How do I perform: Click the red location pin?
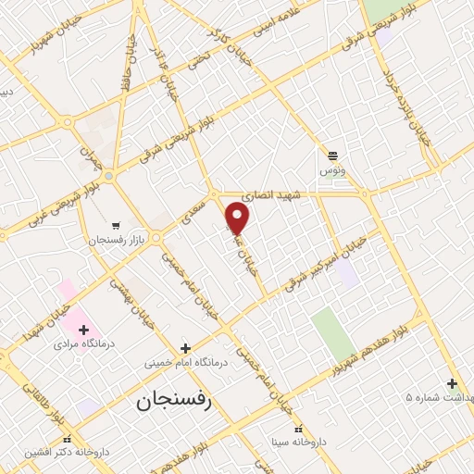(238, 218)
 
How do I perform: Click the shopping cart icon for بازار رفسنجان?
(116, 225)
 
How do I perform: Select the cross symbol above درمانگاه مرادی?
(83, 329)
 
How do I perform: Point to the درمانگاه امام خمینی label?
(184, 363)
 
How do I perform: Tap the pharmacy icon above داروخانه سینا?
(297, 429)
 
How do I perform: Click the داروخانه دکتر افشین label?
(68, 453)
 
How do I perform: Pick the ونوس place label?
(331, 171)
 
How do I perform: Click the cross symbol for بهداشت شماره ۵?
(452, 383)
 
